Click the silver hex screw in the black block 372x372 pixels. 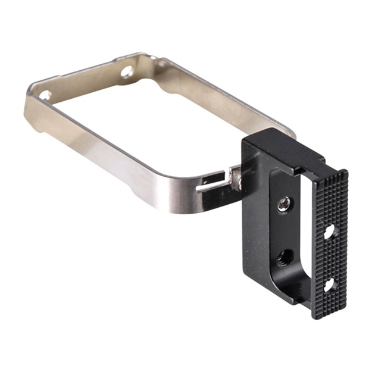[x=283, y=205]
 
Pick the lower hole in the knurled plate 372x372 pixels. [x=328, y=285]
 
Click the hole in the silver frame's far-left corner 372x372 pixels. [x=45, y=95]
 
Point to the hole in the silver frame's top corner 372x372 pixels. [x=127, y=71]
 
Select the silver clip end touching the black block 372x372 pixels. [x=236, y=177]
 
